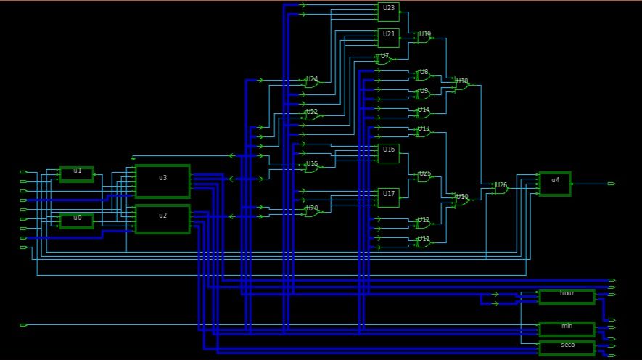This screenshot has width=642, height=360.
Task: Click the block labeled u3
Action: tap(162, 181)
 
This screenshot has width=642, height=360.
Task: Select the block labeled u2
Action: tap(162, 218)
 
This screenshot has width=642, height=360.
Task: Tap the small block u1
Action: tap(76, 173)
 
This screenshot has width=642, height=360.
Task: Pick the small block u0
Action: tap(76, 221)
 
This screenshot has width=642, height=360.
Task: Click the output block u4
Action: tap(554, 184)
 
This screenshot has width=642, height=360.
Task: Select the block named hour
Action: tap(567, 296)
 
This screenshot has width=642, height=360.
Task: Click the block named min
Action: tap(567, 329)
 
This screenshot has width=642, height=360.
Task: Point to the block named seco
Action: tap(567, 348)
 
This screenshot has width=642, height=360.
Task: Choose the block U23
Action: tap(388, 12)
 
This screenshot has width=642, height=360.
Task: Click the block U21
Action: tap(388, 37)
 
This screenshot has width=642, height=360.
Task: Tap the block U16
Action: tap(388, 152)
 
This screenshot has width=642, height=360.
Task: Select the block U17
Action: tap(388, 197)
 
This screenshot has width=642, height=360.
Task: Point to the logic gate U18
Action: tap(461, 85)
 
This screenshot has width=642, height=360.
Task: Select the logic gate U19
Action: tap(424, 38)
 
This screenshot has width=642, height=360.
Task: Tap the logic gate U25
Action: tap(424, 176)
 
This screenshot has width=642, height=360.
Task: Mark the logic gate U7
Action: tap(384, 60)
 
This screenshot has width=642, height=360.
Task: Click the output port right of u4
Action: tap(612, 184)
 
